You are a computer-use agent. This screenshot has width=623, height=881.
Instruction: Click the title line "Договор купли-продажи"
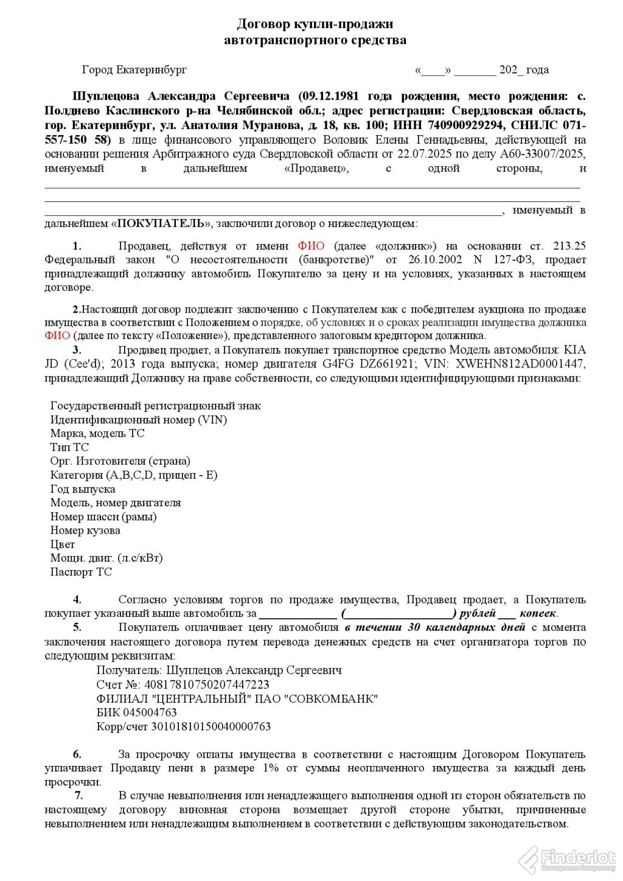tap(315, 24)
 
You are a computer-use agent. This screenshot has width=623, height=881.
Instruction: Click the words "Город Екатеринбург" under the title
tap(134, 70)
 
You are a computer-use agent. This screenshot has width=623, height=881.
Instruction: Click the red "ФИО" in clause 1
tap(311, 246)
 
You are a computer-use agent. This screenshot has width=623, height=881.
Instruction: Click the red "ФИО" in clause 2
tap(57, 335)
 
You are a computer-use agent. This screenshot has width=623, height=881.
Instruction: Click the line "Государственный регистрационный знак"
tap(156, 406)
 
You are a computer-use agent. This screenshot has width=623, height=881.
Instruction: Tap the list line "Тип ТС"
tap(69, 447)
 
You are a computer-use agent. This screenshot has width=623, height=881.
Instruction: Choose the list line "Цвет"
tap(63, 545)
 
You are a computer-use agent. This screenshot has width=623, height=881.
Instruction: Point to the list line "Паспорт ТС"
tap(81, 572)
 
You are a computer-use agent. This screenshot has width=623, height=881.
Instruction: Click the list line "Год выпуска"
tap(83, 489)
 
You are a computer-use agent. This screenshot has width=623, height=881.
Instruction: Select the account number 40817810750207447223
tap(206, 684)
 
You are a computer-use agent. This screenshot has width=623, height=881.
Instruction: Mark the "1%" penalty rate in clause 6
tap(271, 768)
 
